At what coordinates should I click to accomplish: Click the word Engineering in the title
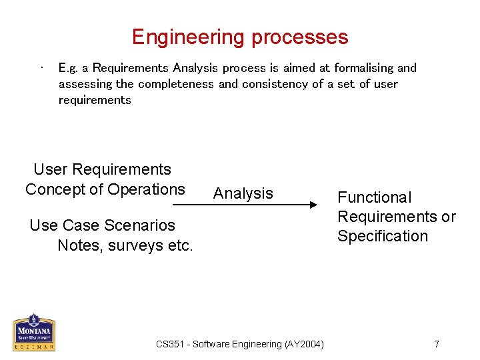pyautogui.click(x=189, y=37)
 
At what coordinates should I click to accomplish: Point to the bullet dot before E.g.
pyautogui.click(x=42, y=67)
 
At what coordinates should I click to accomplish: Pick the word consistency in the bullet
pyautogui.click(x=275, y=84)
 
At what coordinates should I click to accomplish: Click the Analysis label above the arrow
pyautogui.click(x=243, y=193)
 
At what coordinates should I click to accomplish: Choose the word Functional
pyautogui.click(x=374, y=197)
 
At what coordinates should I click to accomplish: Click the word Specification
pyautogui.click(x=383, y=236)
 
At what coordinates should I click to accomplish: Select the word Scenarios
pyautogui.click(x=139, y=225)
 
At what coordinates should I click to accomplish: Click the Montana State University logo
pyautogui.click(x=34, y=332)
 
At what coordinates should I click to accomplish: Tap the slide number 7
pyautogui.click(x=437, y=344)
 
